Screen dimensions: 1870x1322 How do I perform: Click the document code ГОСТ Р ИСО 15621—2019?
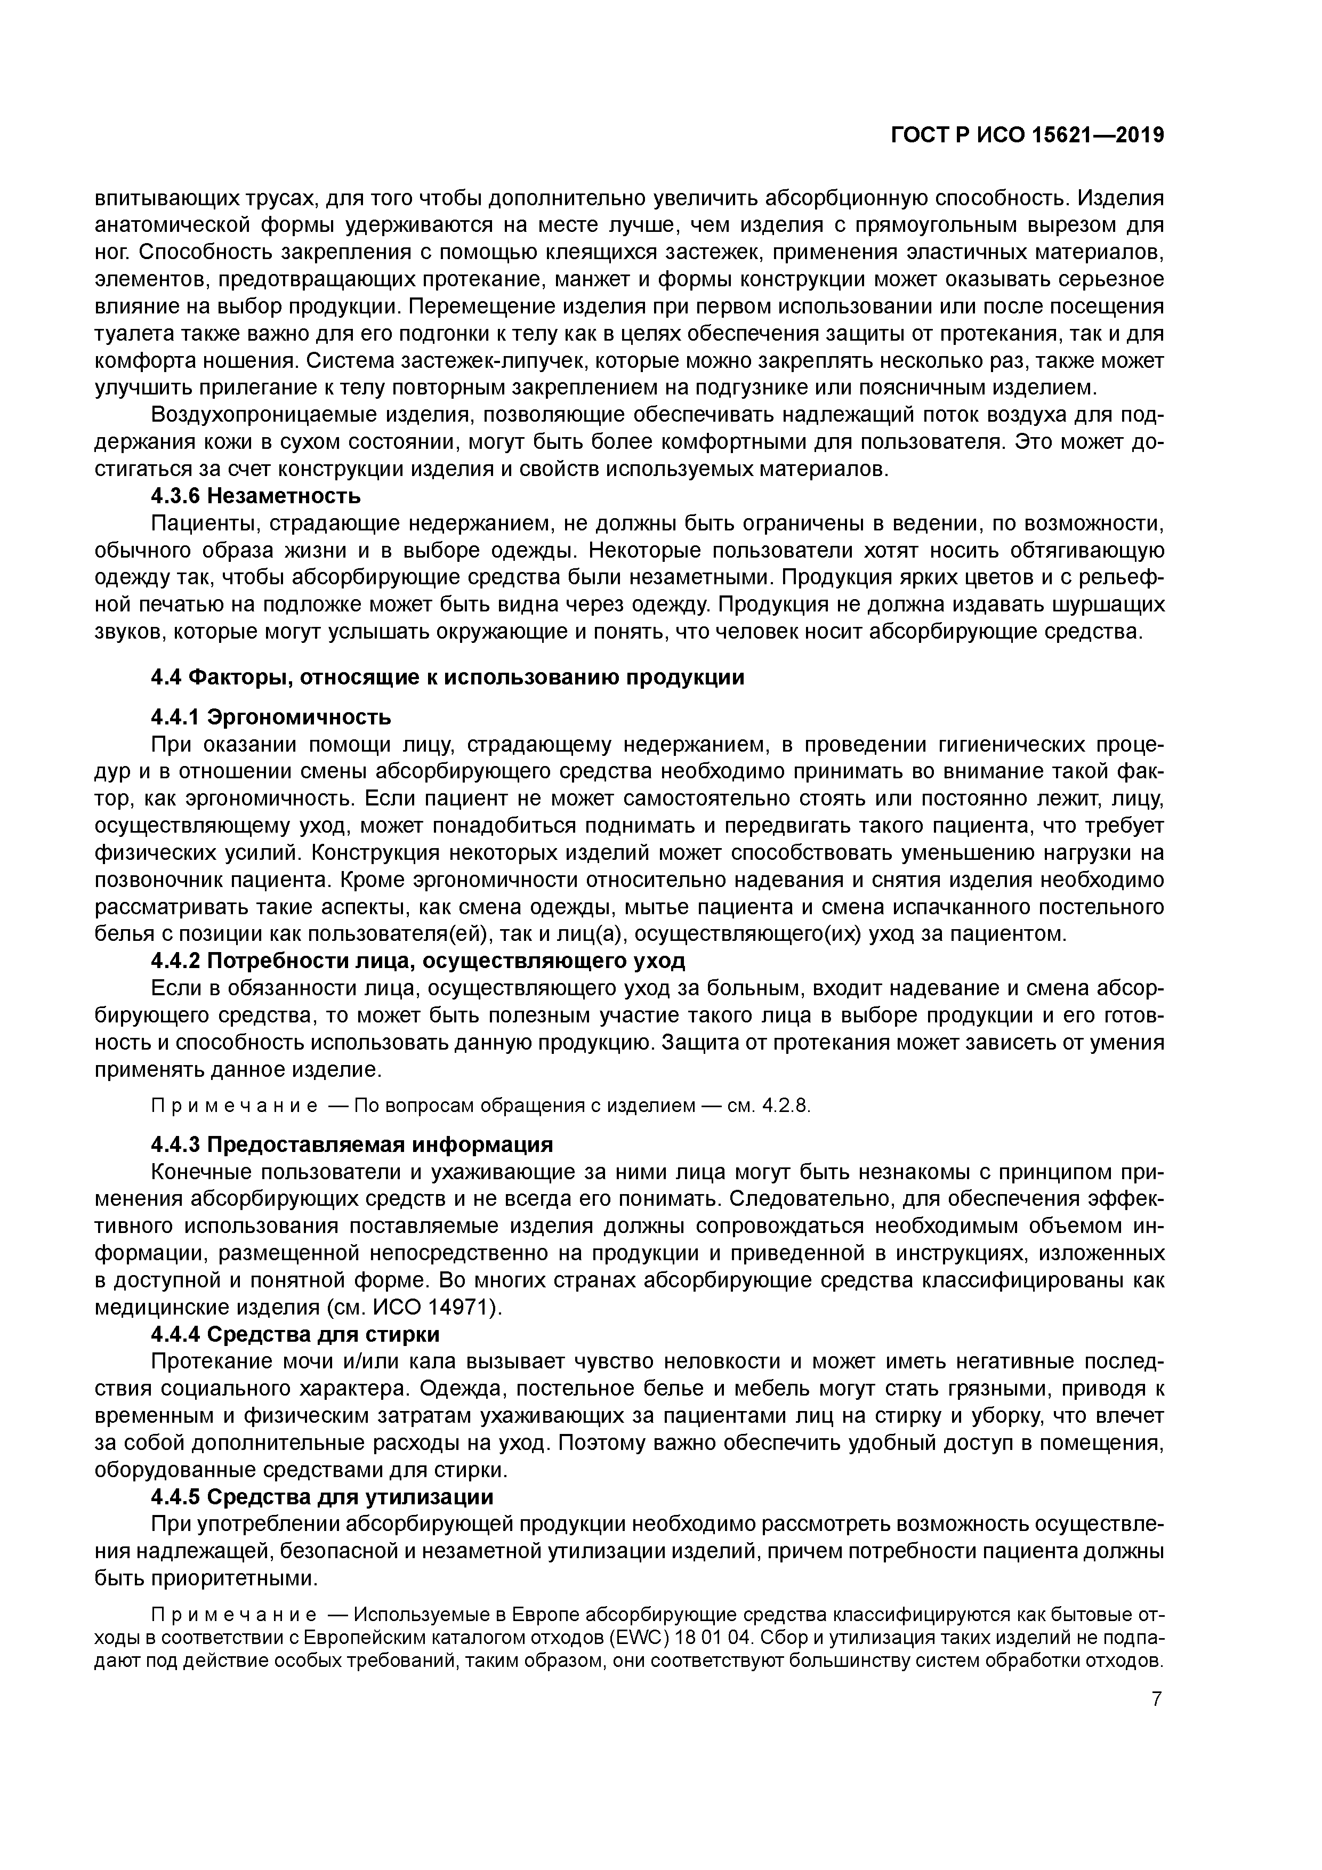click(x=1027, y=136)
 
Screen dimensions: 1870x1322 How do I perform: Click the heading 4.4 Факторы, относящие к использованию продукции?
click(x=447, y=678)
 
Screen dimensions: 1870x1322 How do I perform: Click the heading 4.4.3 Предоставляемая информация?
click(x=352, y=1144)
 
